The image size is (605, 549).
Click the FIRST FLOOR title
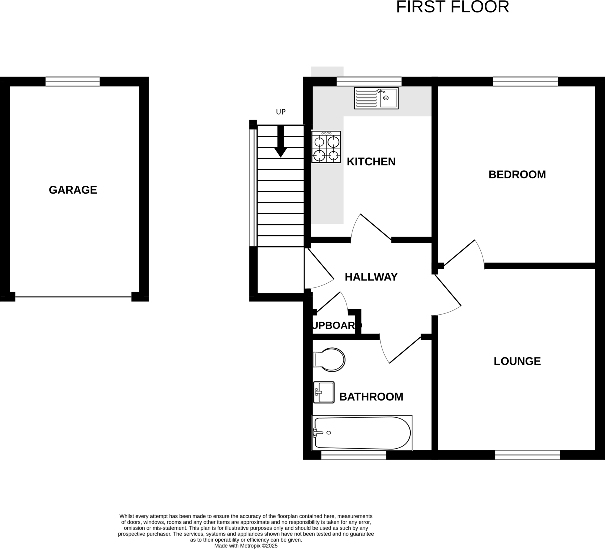(452, 7)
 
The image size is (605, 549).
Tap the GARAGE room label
(73, 190)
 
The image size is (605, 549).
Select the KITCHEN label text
(371, 162)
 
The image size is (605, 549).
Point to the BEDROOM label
(517, 174)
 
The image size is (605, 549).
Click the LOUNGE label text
(517, 361)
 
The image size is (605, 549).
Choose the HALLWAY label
(371, 277)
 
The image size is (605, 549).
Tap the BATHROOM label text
(371, 397)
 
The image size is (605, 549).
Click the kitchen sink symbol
(376, 98)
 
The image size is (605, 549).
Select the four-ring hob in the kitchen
(326, 147)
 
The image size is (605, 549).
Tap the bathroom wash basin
(324, 392)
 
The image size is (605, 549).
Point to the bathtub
(362, 433)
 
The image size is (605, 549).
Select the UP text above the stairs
(281, 112)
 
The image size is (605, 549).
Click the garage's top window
(73, 81)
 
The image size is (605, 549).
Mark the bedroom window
(525, 81)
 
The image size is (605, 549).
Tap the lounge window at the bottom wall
(527, 455)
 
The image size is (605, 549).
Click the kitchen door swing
(371, 228)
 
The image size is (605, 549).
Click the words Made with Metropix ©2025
(246, 546)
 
